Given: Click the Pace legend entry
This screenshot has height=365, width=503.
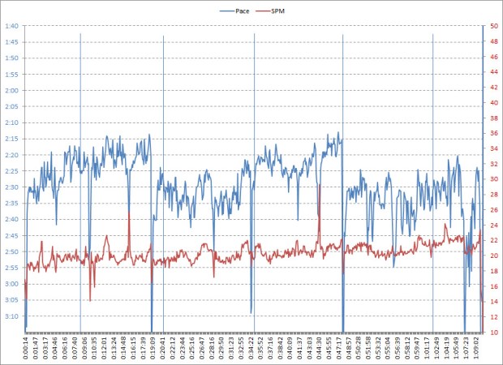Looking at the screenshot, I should pos(240,11).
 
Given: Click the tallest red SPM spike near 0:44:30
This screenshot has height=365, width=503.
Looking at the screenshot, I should pos(320,186).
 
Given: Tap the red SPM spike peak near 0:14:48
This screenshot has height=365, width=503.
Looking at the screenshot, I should pos(129,213).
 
